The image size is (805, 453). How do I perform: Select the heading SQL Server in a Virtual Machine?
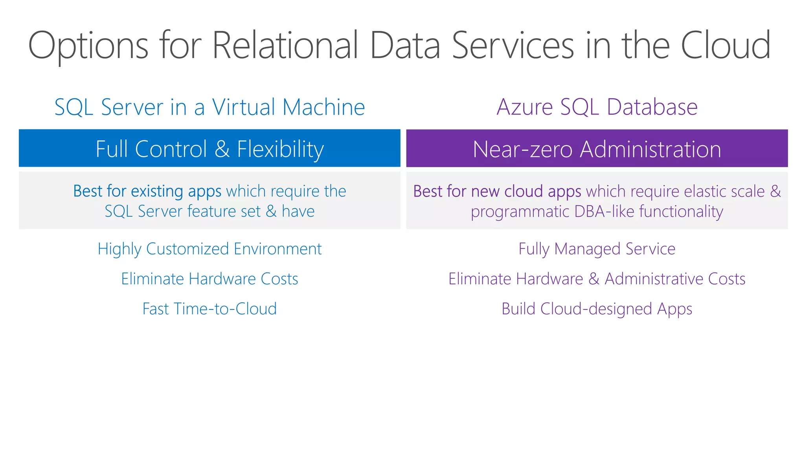pyautogui.click(x=210, y=107)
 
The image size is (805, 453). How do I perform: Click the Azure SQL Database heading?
pyautogui.click(x=597, y=107)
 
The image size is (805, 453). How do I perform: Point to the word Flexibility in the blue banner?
pyautogui.click(x=280, y=149)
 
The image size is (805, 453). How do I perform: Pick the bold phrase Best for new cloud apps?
pyautogui.click(x=497, y=192)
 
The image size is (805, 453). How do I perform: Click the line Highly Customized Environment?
pyautogui.click(x=210, y=249)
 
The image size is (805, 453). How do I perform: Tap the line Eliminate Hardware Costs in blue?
pyautogui.click(x=210, y=279)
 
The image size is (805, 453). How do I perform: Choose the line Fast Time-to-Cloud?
pyautogui.click(x=210, y=309)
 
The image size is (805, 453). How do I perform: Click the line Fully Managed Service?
pyautogui.click(x=597, y=249)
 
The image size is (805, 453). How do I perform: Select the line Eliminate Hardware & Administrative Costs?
pyautogui.click(x=597, y=279)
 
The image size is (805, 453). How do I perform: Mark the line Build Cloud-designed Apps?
pyautogui.click(x=597, y=309)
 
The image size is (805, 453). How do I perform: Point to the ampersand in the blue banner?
pyautogui.click(x=222, y=149)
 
